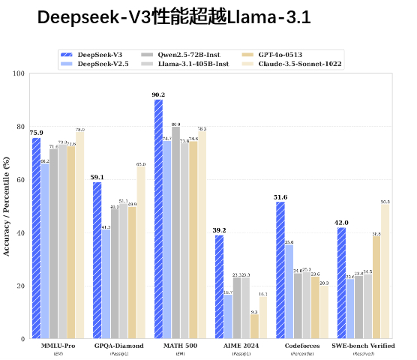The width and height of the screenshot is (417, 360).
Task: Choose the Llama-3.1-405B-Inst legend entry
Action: point(192,64)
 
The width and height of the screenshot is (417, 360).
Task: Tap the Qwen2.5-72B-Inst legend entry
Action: point(187,55)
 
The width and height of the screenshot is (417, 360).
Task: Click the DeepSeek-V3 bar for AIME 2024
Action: point(220,286)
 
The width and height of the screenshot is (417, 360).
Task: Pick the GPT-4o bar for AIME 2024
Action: point(254,326)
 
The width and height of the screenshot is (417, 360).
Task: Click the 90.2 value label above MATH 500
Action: point(158,94)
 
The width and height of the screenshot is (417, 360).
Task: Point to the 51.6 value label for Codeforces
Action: point(280,196)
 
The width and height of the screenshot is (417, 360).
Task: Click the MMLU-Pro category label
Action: point(58,346)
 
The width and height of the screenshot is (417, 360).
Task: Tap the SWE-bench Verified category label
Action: point(362,346)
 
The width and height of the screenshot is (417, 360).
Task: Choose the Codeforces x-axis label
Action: point(301,346)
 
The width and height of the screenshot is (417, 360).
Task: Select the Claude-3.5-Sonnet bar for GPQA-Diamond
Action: point(141,252)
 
